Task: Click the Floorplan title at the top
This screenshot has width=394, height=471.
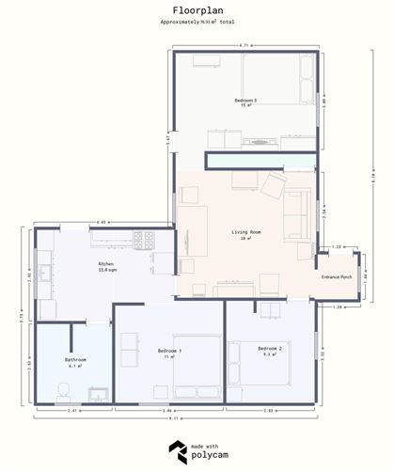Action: click(x=197, y=8)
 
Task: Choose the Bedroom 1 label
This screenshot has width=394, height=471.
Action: click(x=169, y=353)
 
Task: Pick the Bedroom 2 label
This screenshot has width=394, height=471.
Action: click(x=271, y=351)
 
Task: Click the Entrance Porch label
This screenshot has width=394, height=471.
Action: click(x=337, y=277)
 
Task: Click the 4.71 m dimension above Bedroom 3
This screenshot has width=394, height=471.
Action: click(x=244, y=45)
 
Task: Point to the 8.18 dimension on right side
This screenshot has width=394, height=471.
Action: click(x=372, y=175)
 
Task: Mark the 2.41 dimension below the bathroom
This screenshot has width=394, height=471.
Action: click(x=72, y=412)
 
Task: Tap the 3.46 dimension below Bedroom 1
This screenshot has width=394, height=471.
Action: click(x=168, y=412)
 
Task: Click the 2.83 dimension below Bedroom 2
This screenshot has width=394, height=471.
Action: click(x=269, y=412)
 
